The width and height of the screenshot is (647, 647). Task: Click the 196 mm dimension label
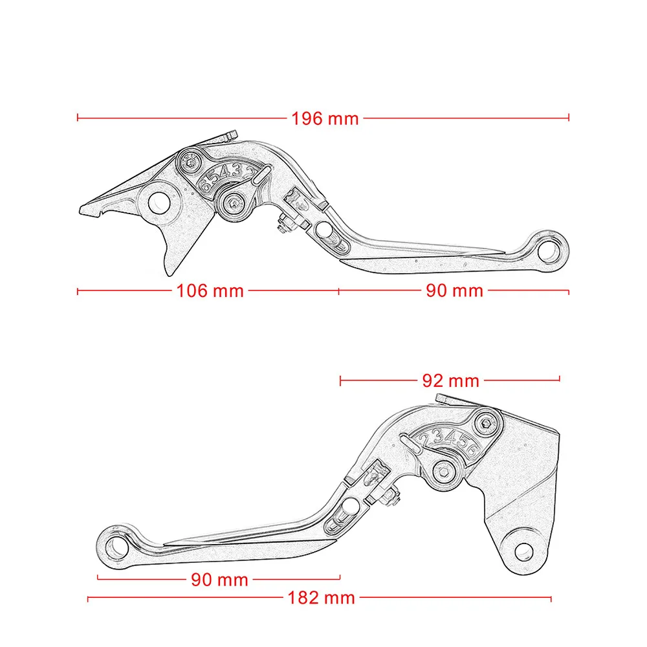(325, 119)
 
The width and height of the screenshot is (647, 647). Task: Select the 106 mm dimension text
(210, 291)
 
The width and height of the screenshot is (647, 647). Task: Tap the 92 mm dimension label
(450, 380)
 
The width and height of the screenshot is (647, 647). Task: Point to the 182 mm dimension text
(321, 597)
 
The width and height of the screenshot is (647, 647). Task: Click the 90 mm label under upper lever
(454, 291)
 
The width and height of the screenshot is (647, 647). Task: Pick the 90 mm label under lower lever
(219, 580)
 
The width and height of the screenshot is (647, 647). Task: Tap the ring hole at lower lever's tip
(116, 547)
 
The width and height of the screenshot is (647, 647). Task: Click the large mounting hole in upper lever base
(159, 203)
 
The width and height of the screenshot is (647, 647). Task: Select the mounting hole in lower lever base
(523, 552)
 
